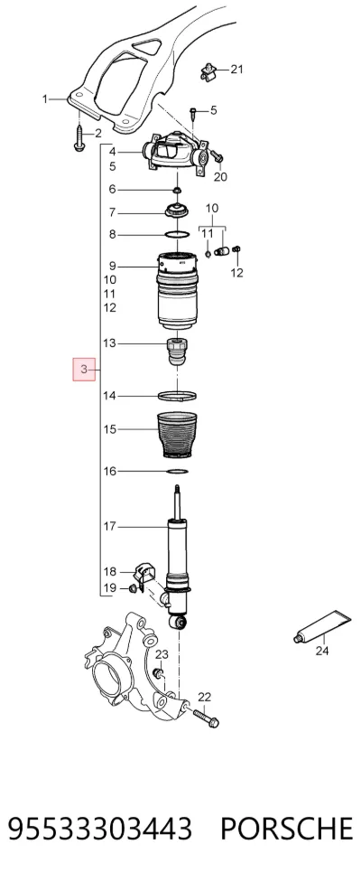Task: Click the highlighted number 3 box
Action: point(84,370)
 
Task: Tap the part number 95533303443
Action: point(100,829)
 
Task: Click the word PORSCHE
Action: point(286,829)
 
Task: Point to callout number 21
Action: point(236,70)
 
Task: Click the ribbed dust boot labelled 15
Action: point(177,436)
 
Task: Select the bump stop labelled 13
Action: point(177,352)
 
